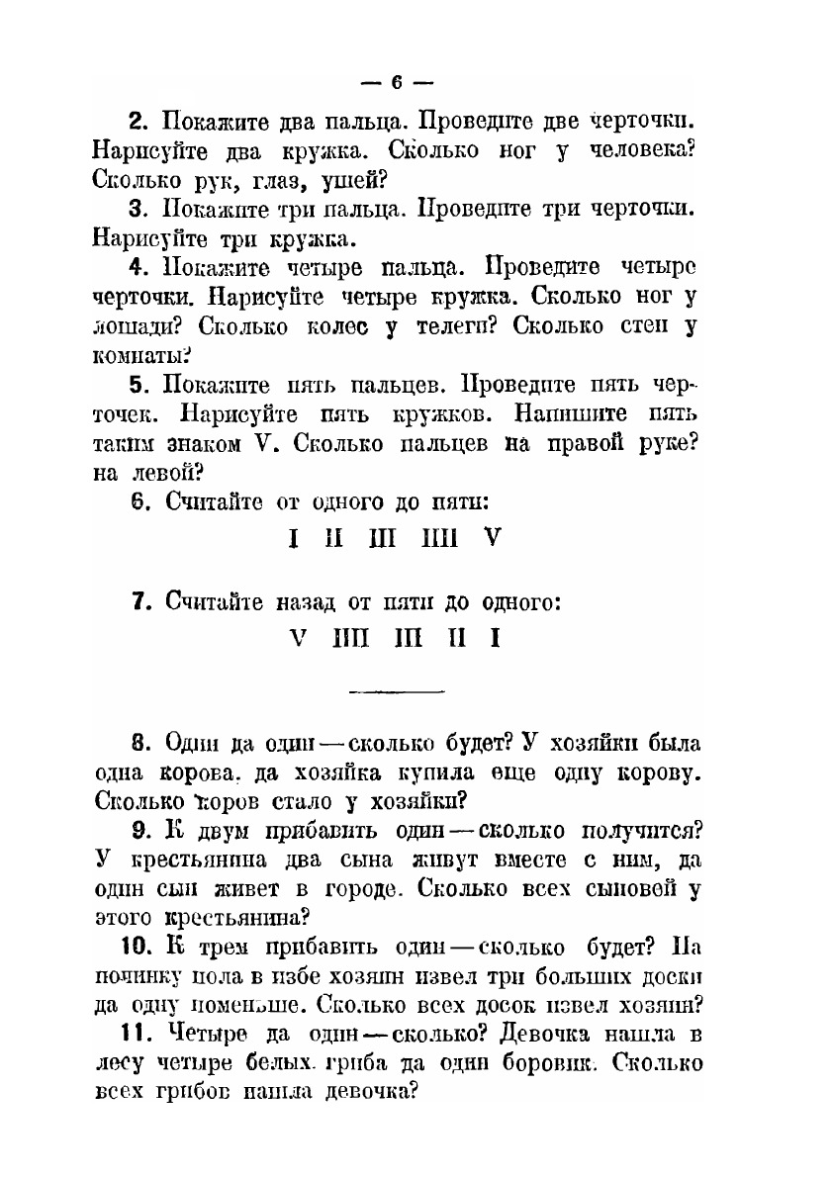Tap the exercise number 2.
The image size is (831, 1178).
tap(138, 124)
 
